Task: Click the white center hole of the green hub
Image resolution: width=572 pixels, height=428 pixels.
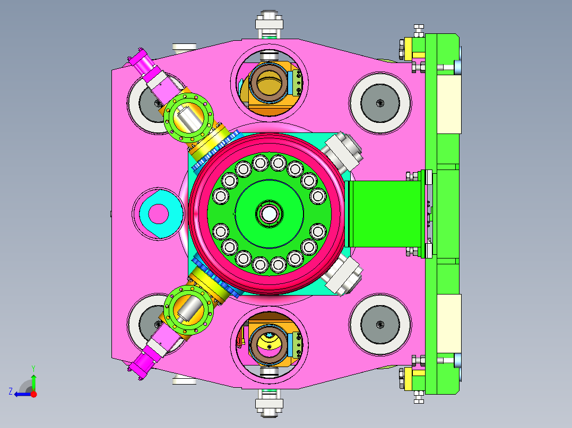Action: point(269,214)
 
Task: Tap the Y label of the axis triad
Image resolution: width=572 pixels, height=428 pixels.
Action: point(33,369)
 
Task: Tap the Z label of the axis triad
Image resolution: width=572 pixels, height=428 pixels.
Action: point(11,391)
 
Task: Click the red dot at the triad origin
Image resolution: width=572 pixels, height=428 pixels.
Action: point(33,394)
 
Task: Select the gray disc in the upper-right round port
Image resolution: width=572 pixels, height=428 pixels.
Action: point(380,103)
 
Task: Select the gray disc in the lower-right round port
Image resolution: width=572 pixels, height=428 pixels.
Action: point(380,324)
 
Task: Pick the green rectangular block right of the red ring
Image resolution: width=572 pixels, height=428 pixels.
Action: point(383,214)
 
